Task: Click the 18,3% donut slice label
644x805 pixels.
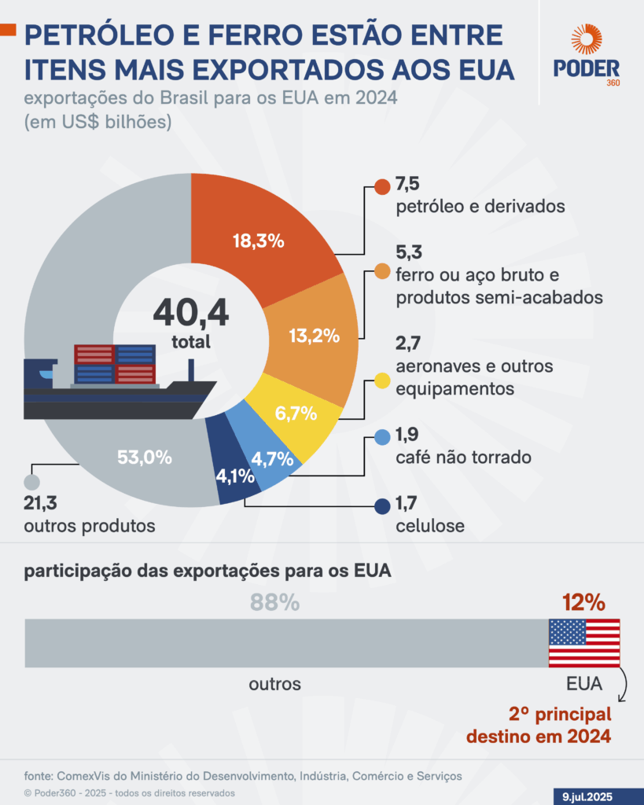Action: point(258,241)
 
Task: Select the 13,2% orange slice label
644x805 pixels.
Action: point(314,336)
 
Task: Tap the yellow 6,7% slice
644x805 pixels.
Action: point(296,413)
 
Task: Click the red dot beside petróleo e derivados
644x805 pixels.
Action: point(382,187)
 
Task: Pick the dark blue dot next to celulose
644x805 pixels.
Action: point(382,507)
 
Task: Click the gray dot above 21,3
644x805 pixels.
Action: point(32,483)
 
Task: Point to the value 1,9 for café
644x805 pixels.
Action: point(407,437)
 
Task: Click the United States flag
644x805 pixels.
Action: point(583,643)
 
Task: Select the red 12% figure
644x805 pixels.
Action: point(583,603)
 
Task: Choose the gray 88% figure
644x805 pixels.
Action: point(274,603)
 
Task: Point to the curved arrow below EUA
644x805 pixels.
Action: point(623,687)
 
